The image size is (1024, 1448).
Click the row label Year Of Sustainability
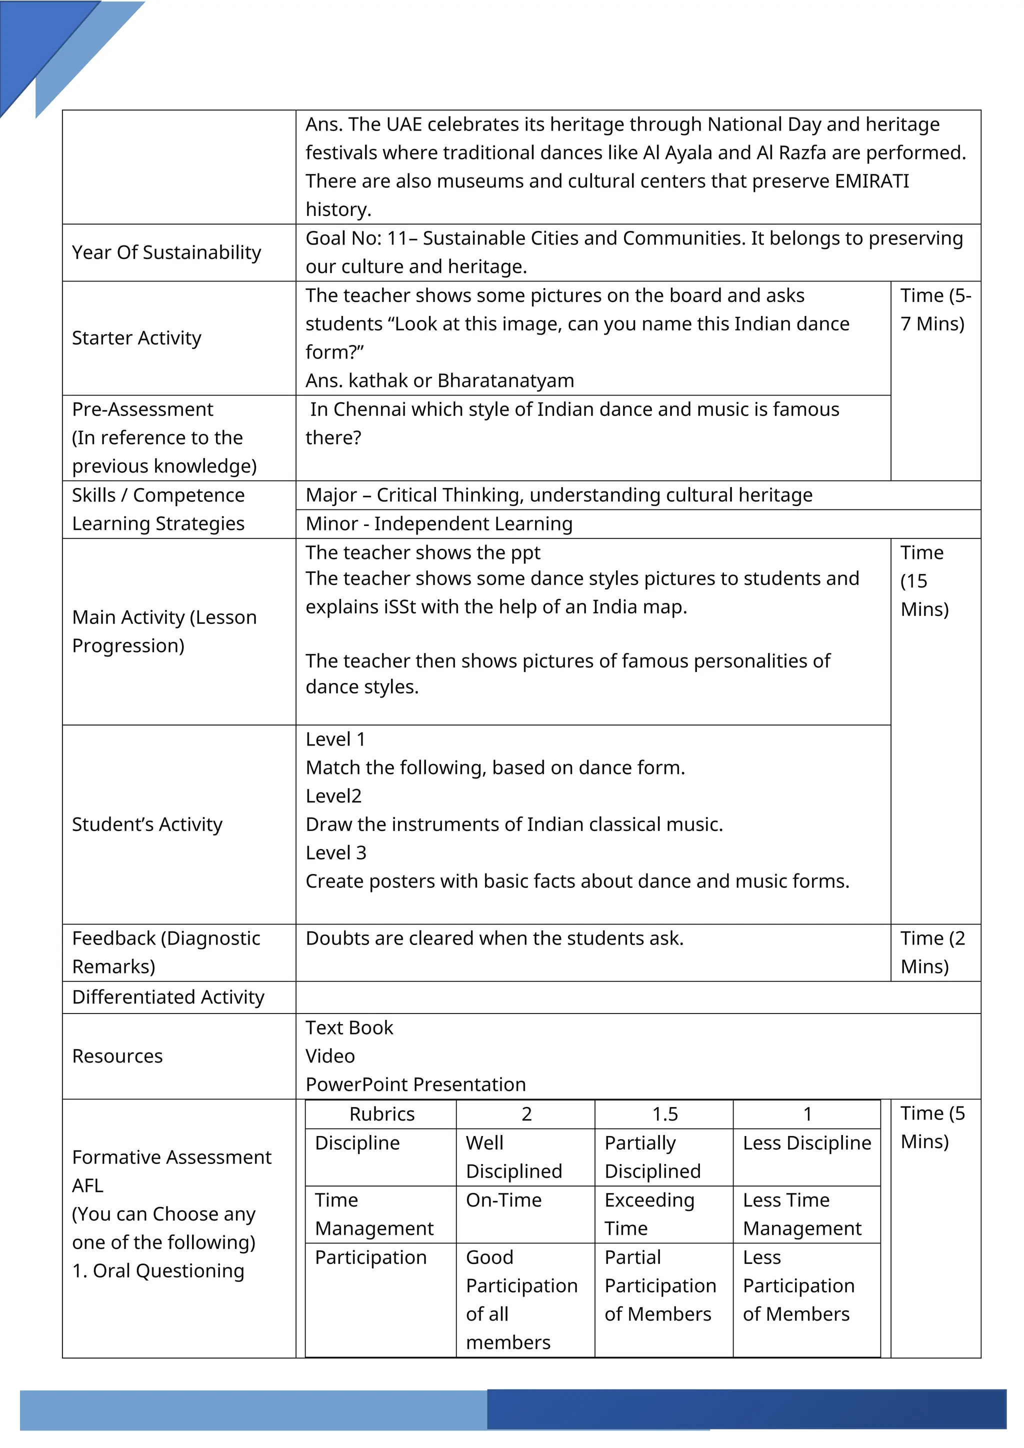point(166,252)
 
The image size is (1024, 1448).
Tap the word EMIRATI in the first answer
point(871,181)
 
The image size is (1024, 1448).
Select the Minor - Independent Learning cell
point(439,523)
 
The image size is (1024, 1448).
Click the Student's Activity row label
point(147,824)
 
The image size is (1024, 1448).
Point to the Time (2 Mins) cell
point(932,952)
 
